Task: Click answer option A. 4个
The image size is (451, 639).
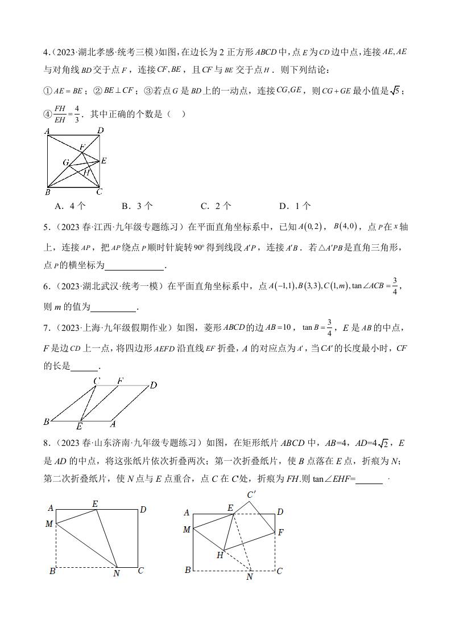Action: coord(70,206)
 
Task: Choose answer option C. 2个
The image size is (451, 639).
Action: coord(216,206)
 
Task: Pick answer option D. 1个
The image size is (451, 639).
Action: coord(295,206)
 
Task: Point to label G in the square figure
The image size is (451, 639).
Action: coord(66,163)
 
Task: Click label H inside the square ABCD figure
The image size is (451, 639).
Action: coord(86,172)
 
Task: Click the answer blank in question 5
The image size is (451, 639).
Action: coord(135,265)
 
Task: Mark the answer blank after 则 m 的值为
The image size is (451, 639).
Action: coord(114,307)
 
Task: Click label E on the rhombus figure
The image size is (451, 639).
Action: coord(79,426)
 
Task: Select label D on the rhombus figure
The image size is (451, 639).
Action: coord(153,386)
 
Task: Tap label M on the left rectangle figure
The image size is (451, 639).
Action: coord(49,523)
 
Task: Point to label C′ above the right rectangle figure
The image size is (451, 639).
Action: coord(251,495)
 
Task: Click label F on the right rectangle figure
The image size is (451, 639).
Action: coord(280,532)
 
